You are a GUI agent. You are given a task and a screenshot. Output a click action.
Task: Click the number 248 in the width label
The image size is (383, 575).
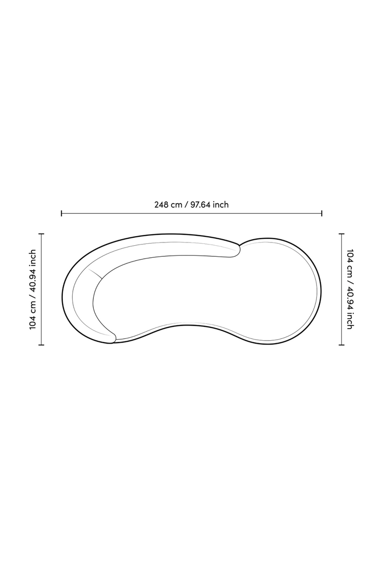(160, 205)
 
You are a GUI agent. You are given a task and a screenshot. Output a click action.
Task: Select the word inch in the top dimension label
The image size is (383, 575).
(221, 205)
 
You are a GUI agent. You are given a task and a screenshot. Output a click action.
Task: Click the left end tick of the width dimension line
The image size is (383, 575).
(61, 213)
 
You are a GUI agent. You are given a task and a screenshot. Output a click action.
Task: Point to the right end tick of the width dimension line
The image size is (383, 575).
(322, 213)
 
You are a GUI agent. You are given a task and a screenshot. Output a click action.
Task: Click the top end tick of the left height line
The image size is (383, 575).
(41, 234)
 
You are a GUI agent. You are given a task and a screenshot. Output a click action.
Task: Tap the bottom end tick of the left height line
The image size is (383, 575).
(41, 345)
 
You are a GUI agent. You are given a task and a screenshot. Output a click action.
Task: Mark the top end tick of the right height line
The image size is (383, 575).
(341, 234)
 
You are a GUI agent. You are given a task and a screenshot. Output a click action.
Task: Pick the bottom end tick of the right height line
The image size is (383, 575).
(341, 345)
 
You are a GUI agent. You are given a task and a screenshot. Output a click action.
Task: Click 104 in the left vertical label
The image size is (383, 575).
(33, 323)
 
